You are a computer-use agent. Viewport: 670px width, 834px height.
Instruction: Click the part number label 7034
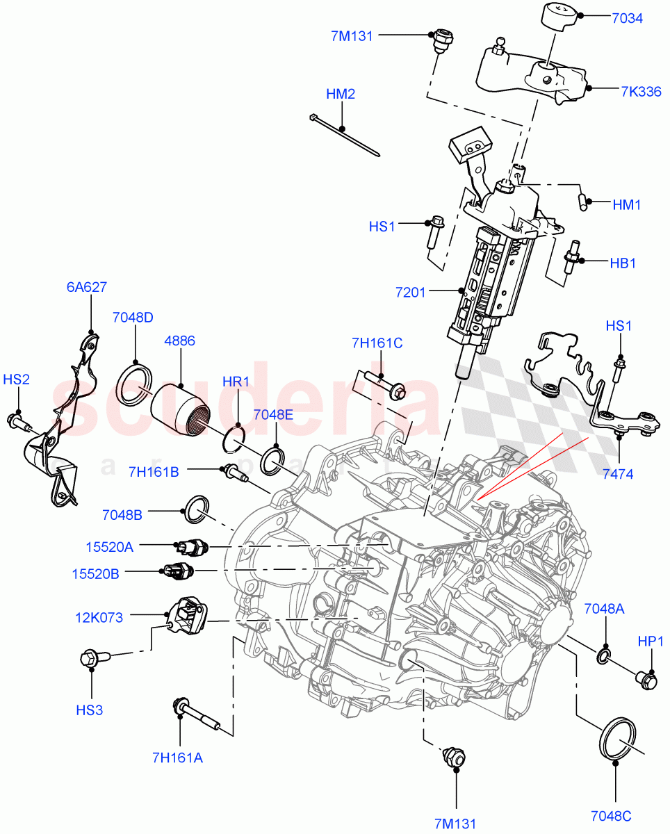pos(627,18)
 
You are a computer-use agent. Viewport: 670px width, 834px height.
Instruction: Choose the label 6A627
pos(87,287)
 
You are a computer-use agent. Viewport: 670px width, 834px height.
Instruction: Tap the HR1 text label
pos(236,382)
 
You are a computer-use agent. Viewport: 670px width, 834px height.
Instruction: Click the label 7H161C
pos(377,342)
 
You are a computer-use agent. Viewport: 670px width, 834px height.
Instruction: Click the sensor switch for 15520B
pos(179,571)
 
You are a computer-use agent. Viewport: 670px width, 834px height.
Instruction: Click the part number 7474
pos(619,474)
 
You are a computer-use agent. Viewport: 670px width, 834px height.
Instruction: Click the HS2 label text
pos(17,379)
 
